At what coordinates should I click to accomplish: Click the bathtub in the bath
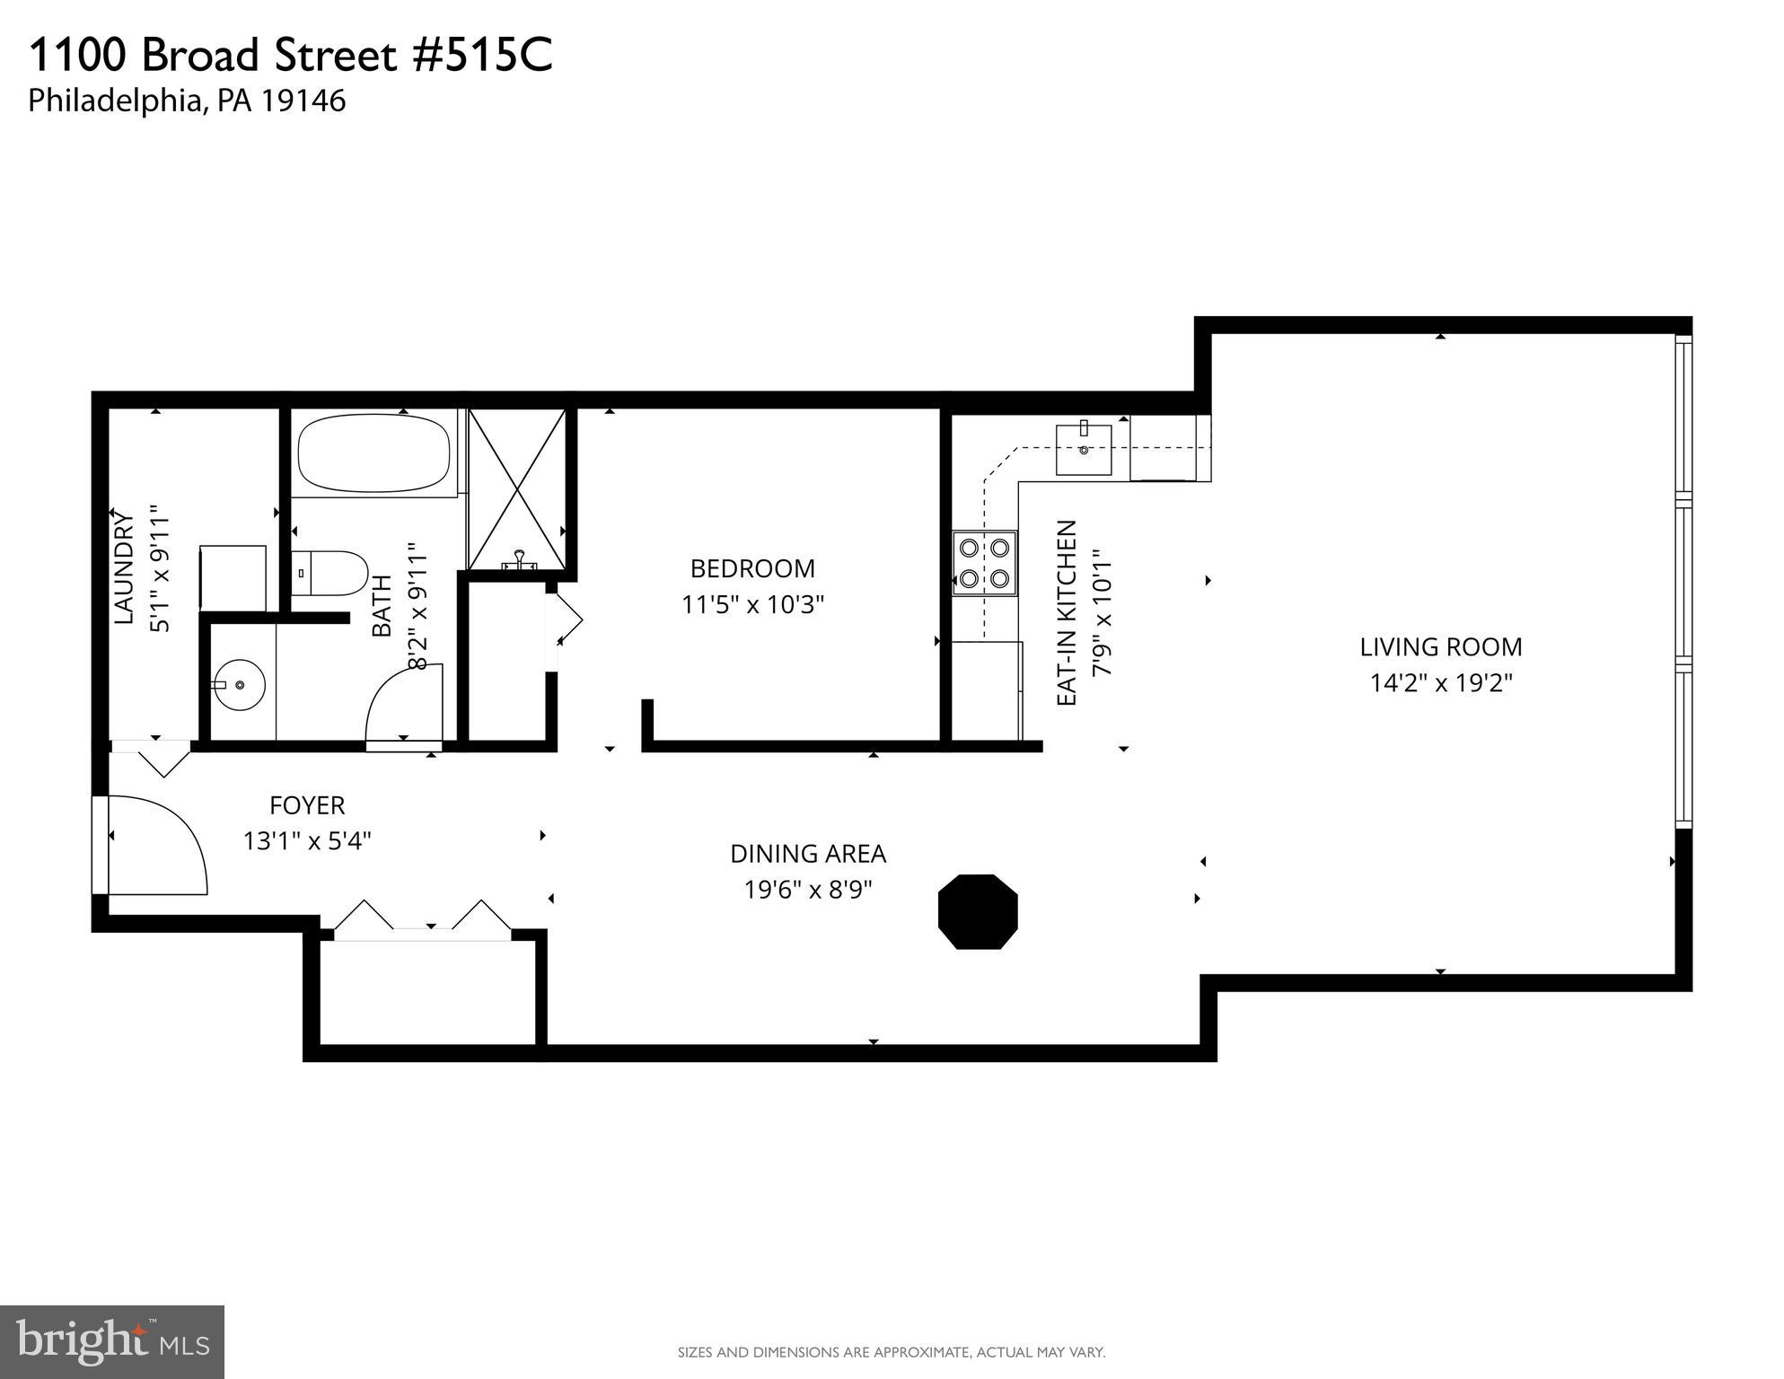tap(373, 453)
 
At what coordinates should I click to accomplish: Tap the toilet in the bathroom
tap(330, 573)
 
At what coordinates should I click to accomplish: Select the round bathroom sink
tap(239, 686)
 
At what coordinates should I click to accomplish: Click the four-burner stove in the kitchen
tap(984, 564)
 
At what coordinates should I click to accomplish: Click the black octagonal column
tap(978, 911)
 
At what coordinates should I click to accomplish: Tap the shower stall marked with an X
tap(517, 490)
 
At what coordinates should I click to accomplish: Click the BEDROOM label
tap(752, 568)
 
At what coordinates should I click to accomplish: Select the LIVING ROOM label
tap(1440, 647)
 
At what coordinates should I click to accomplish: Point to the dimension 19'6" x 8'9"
tap(808, 890)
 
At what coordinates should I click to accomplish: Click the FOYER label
tap(307, 805)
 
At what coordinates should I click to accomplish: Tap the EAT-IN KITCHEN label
tap(1067, 613)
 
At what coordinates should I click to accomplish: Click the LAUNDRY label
tap(124, 568)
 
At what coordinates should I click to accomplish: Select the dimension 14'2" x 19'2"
tap(1440, 683)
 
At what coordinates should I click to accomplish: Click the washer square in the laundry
tap(233, 577)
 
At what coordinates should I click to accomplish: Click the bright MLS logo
tap(112, 1341)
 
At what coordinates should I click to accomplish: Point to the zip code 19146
tap(303, 101)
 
